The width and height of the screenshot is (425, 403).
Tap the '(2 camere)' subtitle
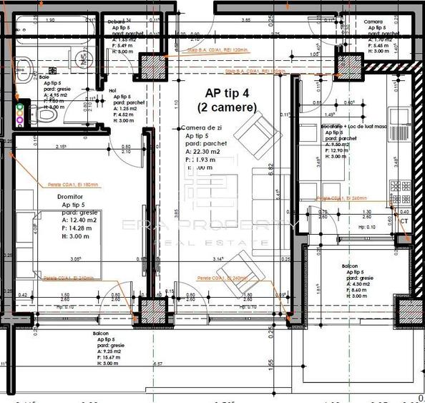(227, 107)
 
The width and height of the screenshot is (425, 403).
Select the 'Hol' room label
(112, 90)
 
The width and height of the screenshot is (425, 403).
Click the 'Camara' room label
(374, 22)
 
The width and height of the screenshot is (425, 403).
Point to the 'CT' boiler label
(405, 222)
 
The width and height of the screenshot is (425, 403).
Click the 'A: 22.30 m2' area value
(205, 152)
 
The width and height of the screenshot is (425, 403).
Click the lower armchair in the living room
(237, 271)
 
